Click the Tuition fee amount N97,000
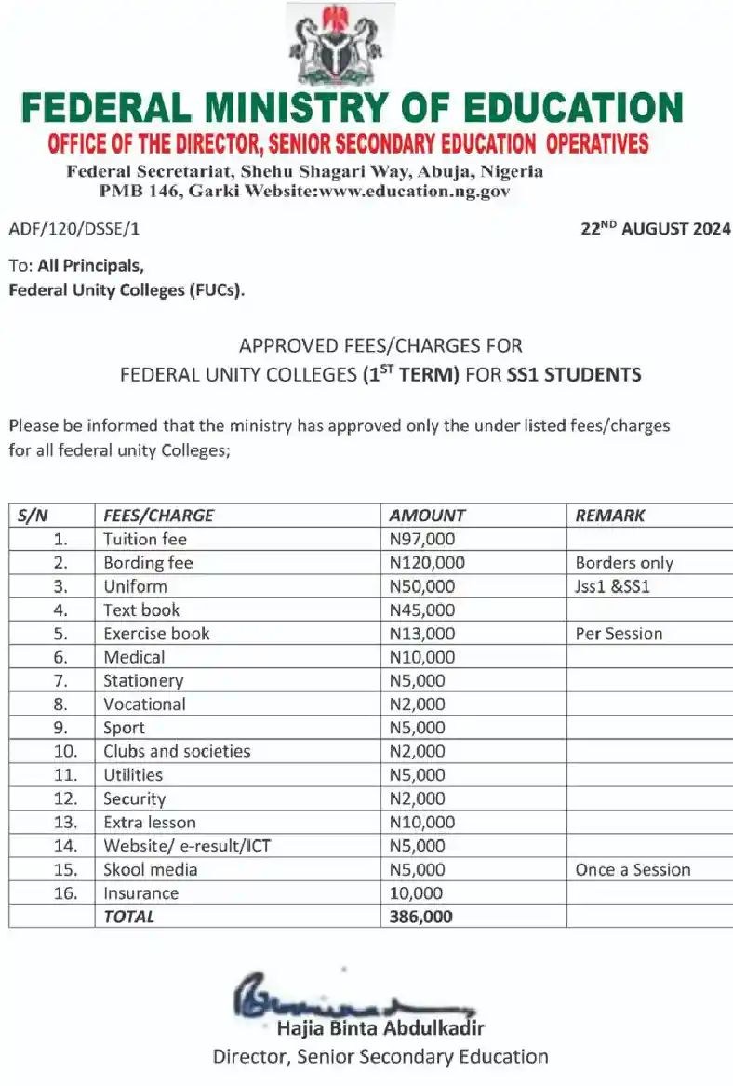coord(422,539)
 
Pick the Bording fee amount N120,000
coord(427,563)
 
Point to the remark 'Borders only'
coord(624,563)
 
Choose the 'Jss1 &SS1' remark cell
coord(618,586)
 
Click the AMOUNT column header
coord(427,516)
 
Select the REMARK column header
coord(610,516)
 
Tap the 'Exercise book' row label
coord(156,634)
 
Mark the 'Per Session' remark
coord(619,634)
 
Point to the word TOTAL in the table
coord(129,917)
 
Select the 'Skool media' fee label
coord(150,870)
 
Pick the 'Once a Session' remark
coord(633,870)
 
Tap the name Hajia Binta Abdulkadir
coord(380,1028)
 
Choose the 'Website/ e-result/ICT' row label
coord(187,846)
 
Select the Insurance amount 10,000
coord(418,893)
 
